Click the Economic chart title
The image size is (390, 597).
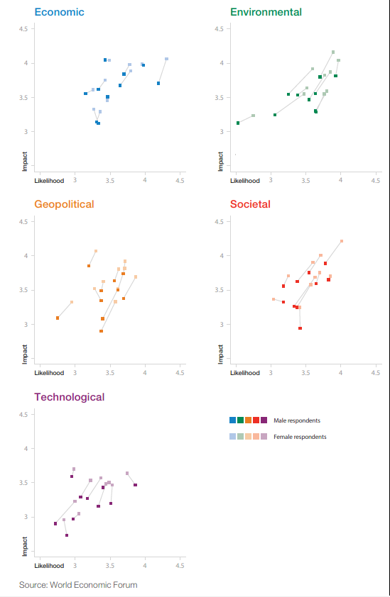tap(59, 12)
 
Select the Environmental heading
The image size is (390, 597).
tap(266, 12)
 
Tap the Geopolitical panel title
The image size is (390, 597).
tap(64, 204)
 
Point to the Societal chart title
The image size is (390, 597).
tap(250, 204)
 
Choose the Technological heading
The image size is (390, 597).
tap(70, 397)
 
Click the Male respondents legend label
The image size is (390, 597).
tap(297, 420)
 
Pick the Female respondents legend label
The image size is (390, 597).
tap(300, 437)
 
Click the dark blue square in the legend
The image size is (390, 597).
tap(233, 420)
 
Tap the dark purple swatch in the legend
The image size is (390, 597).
tap(264, 420)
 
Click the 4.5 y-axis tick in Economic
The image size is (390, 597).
tap(23, 29)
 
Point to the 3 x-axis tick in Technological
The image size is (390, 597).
tap(75, 566)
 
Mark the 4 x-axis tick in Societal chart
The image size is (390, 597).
tap(341, 373)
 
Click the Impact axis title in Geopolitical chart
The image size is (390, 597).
tap(25, 354)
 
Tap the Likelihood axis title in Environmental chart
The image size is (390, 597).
tap(245, 181)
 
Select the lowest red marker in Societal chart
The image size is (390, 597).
tap(300, 328)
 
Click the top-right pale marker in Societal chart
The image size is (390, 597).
tap(342, 241)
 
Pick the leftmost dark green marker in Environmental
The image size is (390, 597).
tap(238, 123)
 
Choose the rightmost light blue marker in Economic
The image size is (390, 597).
tap(166, 59)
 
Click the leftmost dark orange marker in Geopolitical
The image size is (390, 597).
tap(58, 318)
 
